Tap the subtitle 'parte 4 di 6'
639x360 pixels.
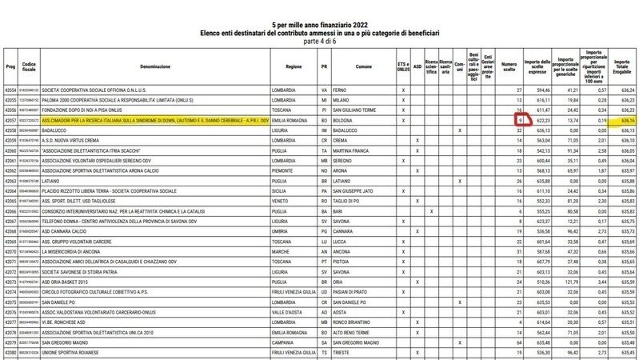320,42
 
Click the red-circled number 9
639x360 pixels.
520,119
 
